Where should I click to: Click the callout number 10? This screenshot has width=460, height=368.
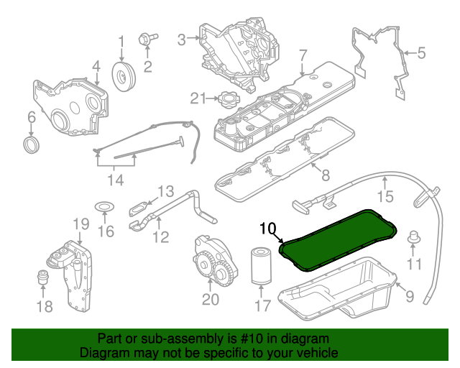tap(267, 230)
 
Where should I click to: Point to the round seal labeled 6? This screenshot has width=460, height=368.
tap(32, 147)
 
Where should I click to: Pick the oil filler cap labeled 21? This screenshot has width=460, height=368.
tap(233, 98)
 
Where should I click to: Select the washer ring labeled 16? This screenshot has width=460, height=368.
tap(105, 208)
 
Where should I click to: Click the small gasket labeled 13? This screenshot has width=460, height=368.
tap(141, 208)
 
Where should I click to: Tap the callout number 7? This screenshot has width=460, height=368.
tap(303, 54)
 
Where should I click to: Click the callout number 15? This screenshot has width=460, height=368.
tap(386, 195)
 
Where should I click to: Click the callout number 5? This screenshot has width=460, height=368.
tap(421, 52)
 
